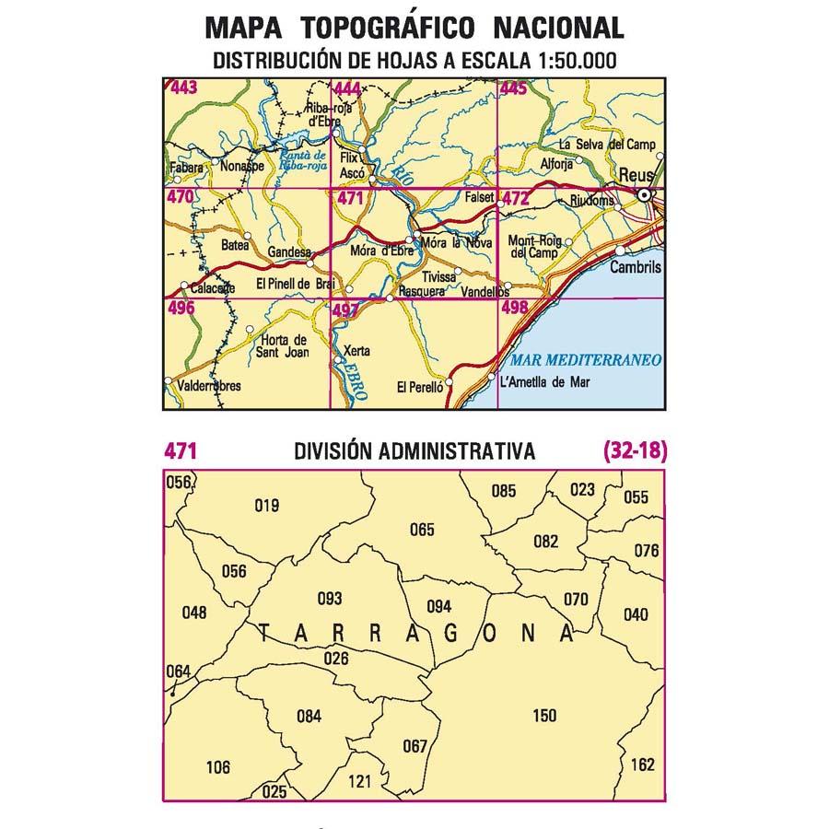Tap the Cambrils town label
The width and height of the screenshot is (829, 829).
click(636, 266)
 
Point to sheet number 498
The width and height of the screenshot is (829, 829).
click(514, 310)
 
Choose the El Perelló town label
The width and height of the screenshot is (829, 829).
click(420, 389)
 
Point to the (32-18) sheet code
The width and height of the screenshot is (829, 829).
click(634, 451)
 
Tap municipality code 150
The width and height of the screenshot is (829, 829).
click(544, 716)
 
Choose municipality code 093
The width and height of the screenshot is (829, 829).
click(329, 599)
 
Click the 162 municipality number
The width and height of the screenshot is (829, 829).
click(643, 765)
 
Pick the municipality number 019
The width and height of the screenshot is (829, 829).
click(266, 505)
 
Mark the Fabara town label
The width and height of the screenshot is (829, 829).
click(188, 169)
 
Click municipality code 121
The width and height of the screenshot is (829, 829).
click(360, 782)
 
